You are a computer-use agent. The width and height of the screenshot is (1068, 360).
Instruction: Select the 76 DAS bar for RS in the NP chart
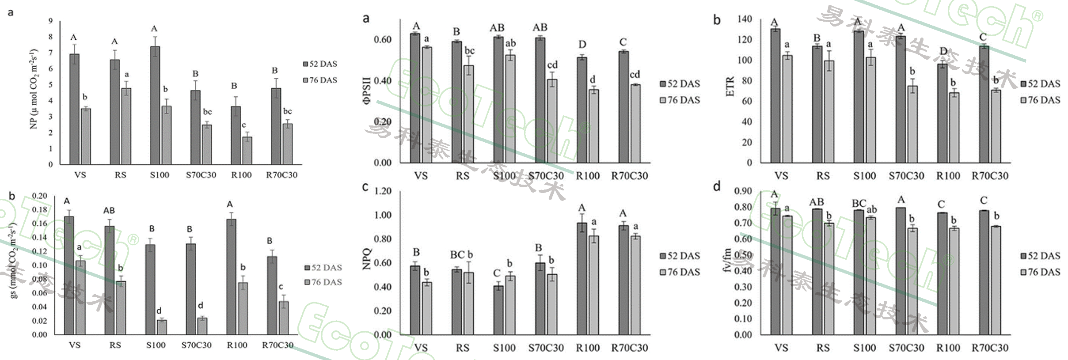(126, 126)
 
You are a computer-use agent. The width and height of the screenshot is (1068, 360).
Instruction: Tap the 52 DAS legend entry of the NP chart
(320, 64)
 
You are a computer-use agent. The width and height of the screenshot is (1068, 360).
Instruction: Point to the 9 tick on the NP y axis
(50, 21)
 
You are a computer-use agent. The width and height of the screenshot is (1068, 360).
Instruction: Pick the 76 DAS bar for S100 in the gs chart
(162, 327)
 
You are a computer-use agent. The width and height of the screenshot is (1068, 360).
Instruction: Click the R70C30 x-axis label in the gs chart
(277, 345)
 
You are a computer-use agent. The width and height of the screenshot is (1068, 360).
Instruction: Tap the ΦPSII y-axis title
(366, 91)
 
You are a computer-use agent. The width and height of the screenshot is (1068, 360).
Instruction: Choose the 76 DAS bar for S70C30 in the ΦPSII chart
(552, 121)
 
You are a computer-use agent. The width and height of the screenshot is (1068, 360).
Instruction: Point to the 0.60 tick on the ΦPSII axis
(383, 40)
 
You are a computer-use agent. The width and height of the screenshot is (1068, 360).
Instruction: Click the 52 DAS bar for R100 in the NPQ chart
(582, 279)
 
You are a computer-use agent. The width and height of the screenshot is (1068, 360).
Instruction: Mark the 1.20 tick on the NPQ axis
(383, 191)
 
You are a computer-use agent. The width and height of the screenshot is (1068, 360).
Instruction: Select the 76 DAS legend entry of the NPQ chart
(680, 272)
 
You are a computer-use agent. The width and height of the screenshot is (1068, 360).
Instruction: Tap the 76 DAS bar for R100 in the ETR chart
(954, 128)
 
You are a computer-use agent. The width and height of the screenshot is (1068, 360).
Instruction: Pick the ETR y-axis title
(730, 87)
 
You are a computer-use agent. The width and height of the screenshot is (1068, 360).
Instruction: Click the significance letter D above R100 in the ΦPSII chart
(582, 45)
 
